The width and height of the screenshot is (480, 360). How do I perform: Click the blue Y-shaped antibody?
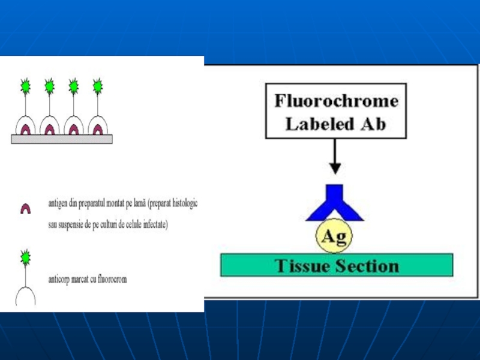point(335,204)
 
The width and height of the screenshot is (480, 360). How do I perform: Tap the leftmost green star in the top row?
point(26,86)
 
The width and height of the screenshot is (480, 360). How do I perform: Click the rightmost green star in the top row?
point(98,86)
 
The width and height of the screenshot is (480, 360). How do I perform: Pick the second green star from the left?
point(50,86)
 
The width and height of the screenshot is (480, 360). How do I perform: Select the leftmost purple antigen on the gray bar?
point(26,128)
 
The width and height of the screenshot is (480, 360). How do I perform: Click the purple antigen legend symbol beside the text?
point(26,209)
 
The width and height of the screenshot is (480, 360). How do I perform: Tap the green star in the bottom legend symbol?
point(26,257)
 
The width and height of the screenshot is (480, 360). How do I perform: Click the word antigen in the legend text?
point(59,203)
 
